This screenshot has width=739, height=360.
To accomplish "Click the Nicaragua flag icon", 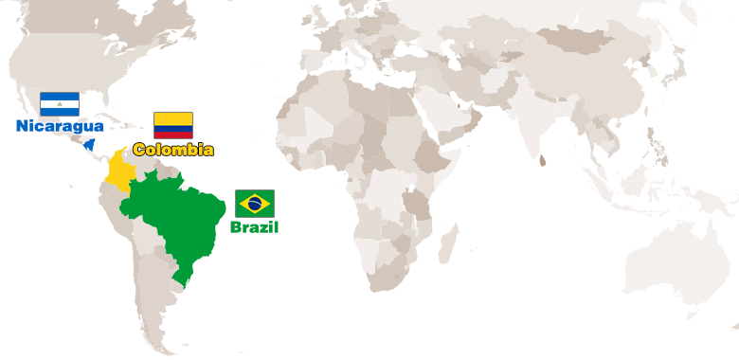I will pyautogui.click(x=60, y=104).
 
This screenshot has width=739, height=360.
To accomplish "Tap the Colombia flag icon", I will pyautogui.click(x=173, y=125).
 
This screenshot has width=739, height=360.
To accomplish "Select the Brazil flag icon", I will pyautogui.click(x=255, y=203).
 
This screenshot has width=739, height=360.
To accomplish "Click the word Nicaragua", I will pyautogui.click(x=60, y=126).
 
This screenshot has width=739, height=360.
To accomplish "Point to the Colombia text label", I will pyautogui.click(x=173, y=150).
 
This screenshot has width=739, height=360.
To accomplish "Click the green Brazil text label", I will pyautogui.click(x=255, y=227).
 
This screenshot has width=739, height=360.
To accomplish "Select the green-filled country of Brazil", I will pyautogui.click(x=180, y=223).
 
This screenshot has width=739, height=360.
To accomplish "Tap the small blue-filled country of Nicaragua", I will pyautogui.click(x=89, y=146).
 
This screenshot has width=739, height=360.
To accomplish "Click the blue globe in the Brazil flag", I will pyautogui.click(x=255, y=203).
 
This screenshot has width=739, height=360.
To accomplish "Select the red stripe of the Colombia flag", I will pyautogui.click(x=173, y=135).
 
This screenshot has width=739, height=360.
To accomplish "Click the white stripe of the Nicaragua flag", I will pyautogui.click(x=60, y=104).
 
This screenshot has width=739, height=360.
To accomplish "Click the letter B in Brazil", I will pyautogui.click(x=236, y=227).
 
